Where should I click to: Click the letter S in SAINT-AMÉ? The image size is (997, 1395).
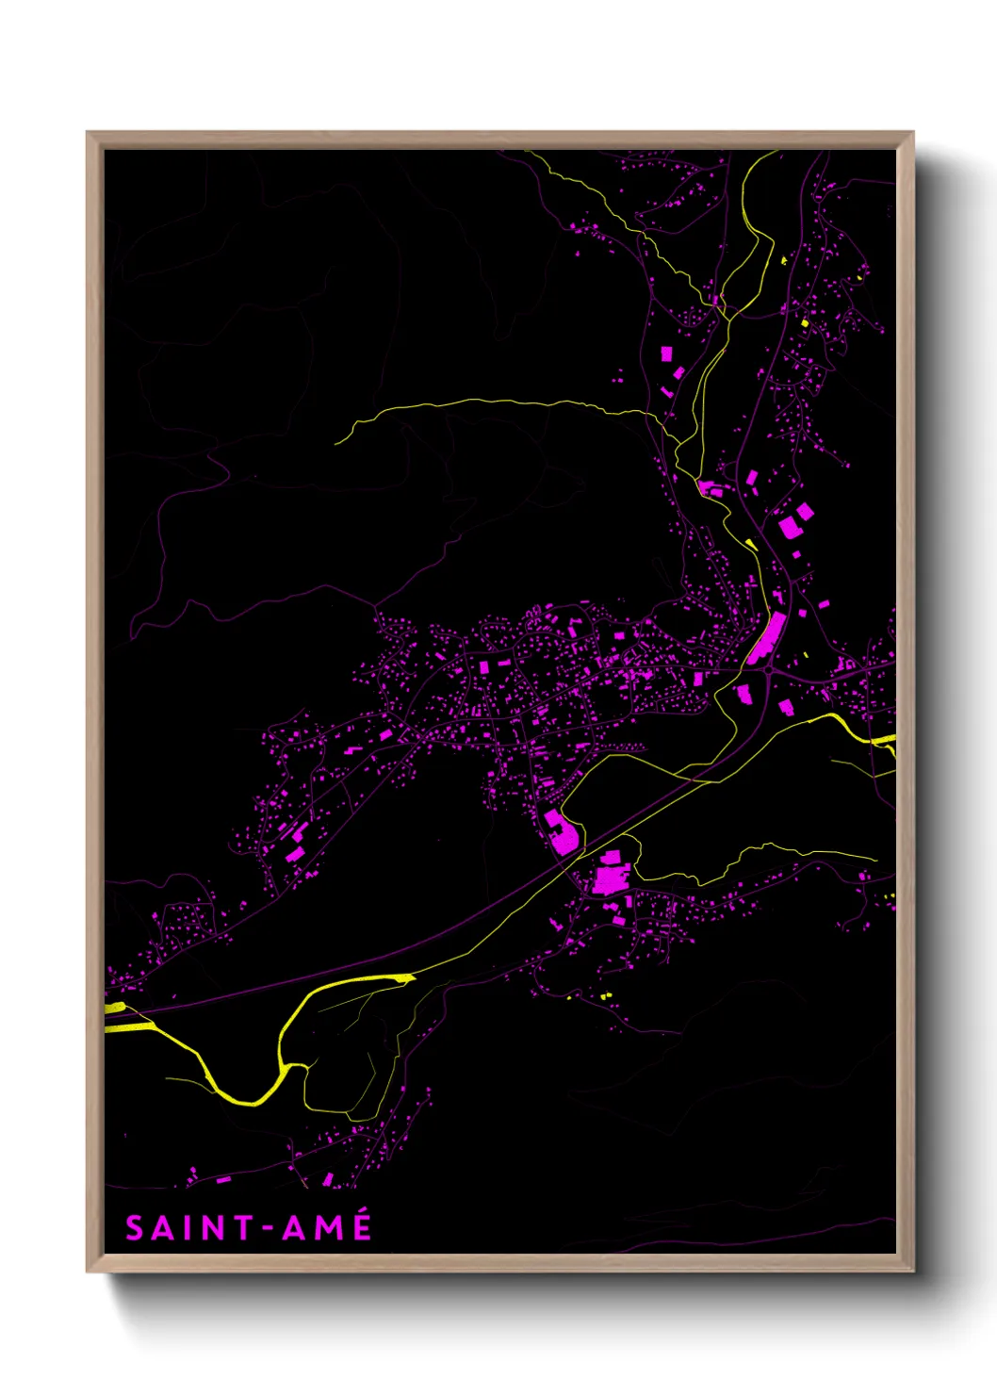[135, 1228]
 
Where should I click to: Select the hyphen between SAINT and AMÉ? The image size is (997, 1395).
[268, 1229]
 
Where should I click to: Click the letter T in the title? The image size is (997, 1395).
[244, 1228]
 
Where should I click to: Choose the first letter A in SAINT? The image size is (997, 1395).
[163, 1228]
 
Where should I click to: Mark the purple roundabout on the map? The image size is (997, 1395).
[770, 670]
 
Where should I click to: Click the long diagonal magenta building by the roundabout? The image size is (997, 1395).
[767, 637]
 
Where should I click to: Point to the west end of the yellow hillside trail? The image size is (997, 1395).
[337, 442]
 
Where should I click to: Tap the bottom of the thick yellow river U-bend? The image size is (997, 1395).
[250, 1101]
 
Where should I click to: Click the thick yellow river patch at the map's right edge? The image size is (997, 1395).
[885, 740]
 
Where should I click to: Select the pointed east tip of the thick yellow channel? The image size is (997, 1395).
[412, 978]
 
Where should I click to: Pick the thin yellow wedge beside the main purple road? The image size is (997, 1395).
[751, 544]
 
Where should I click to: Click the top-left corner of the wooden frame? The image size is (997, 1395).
[88, 133]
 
